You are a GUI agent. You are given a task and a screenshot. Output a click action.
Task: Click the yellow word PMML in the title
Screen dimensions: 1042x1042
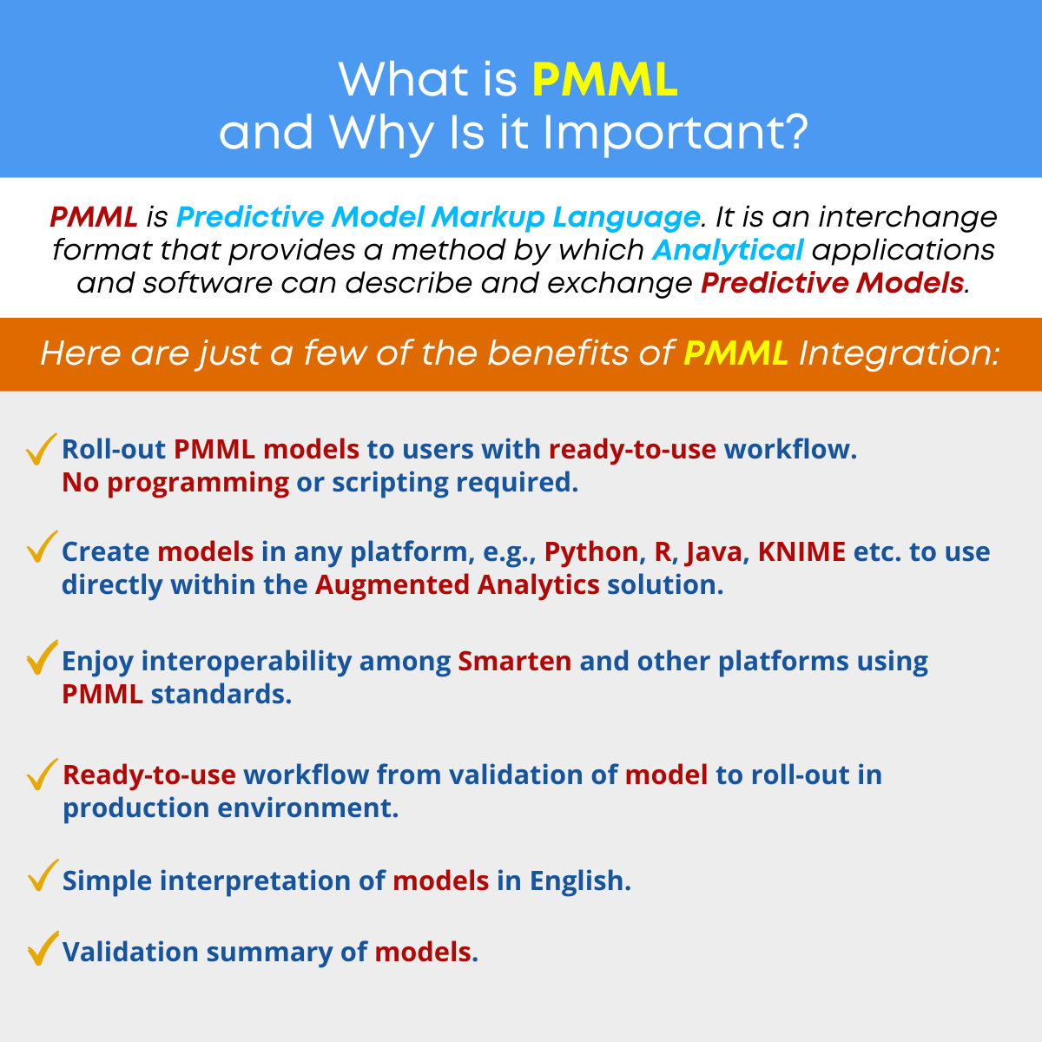(x=604, y=80)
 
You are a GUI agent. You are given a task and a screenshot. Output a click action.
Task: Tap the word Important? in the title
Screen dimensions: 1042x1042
(x=676, y=133)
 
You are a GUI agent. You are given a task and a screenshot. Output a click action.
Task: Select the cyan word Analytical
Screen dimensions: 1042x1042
(x=728, y=250)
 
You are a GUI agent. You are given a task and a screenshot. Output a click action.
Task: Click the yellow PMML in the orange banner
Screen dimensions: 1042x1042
(x=735, y=353)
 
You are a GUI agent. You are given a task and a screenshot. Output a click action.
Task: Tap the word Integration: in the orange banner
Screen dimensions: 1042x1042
(x=899, y=353)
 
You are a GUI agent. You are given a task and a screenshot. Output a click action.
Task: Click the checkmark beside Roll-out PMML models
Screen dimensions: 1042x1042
(x=41, y=450)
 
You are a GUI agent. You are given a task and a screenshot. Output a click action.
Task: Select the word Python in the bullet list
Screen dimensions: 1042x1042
(x=591, y=552)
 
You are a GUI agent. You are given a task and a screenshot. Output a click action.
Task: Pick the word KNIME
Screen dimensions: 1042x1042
(x=801, y=552)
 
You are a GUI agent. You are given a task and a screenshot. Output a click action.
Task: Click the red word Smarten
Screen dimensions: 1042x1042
(x=514, y=662)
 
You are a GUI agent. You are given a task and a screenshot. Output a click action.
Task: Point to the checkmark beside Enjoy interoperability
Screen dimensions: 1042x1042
(x=41, y=658)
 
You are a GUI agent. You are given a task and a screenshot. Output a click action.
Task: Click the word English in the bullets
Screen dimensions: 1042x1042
(x=577, y=880)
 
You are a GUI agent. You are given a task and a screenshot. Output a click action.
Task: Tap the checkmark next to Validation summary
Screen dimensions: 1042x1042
(x=42, y=948)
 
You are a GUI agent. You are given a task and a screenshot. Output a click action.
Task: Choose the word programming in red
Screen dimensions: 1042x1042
(x=198, y=483)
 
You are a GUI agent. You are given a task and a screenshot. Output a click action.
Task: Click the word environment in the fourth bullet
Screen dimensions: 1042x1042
(x=307, y=808)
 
